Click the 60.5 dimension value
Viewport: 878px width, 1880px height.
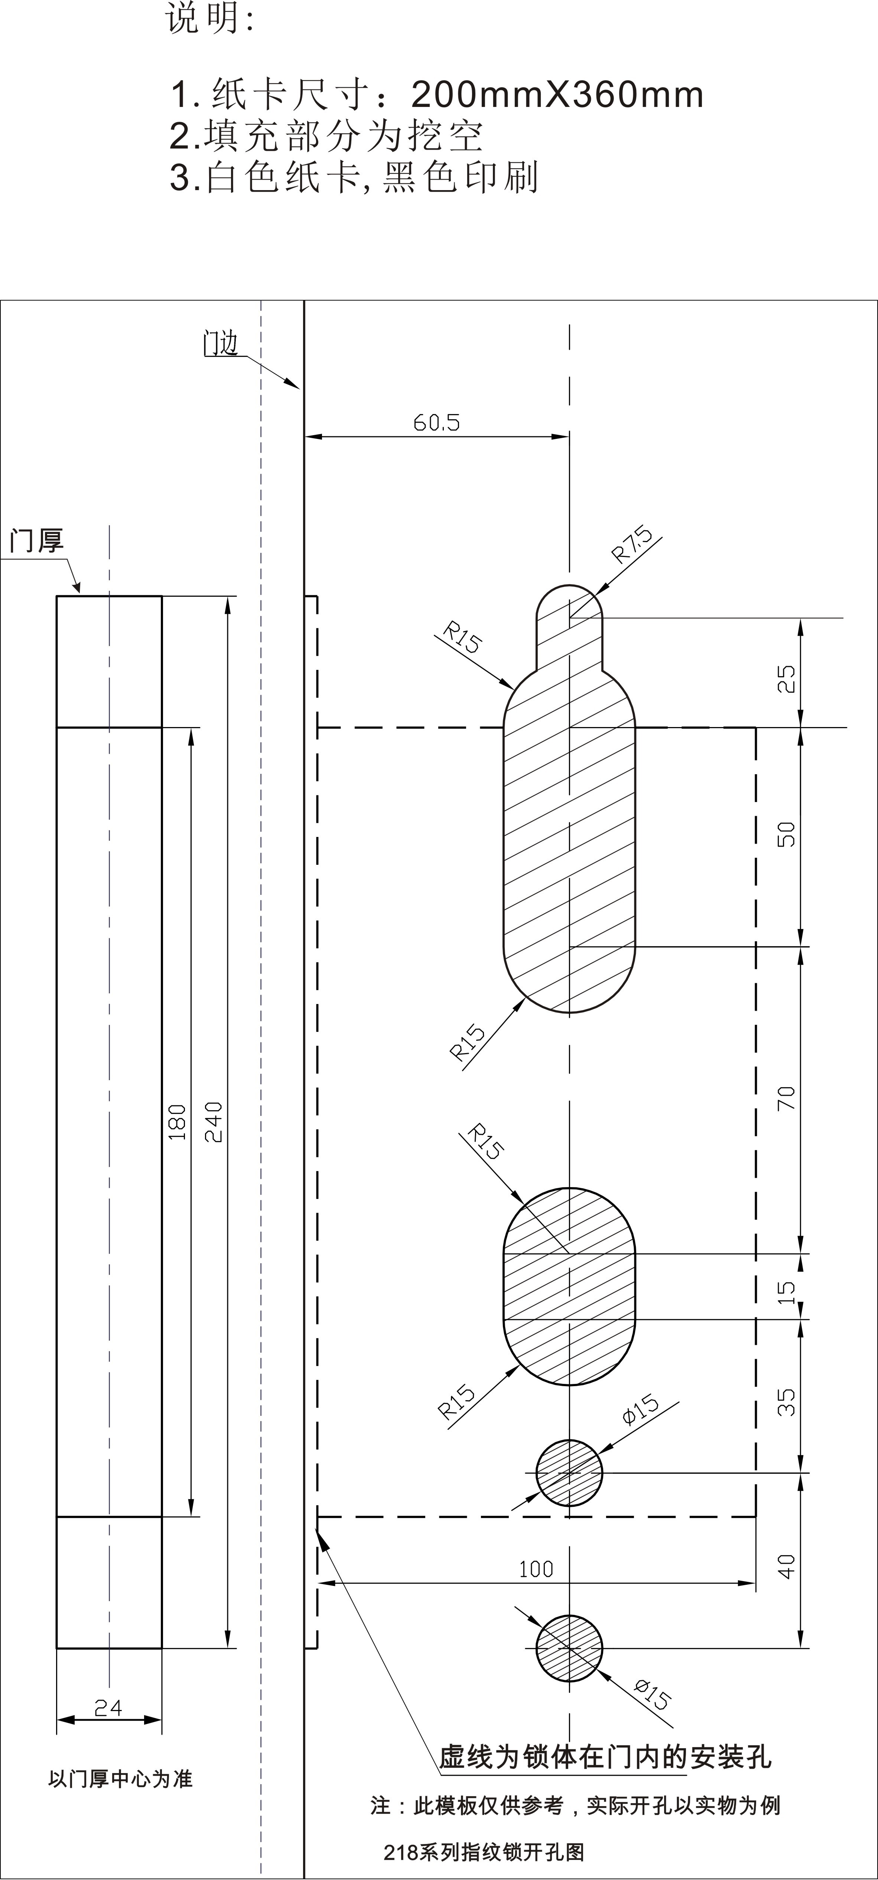click(436, 423)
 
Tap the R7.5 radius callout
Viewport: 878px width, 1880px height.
click(632, 545)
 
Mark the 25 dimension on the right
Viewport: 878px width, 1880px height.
click(786, 680)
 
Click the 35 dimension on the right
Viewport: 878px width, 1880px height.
click(786, 1402)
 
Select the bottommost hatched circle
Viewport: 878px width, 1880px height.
click(569, 1648)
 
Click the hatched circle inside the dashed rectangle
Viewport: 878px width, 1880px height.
click(569, 1473)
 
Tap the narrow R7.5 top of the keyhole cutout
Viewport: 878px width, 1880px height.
click(569, 620)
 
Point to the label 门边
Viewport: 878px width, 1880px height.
click(220, 343)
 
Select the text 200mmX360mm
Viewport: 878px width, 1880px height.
click(557, 95)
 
